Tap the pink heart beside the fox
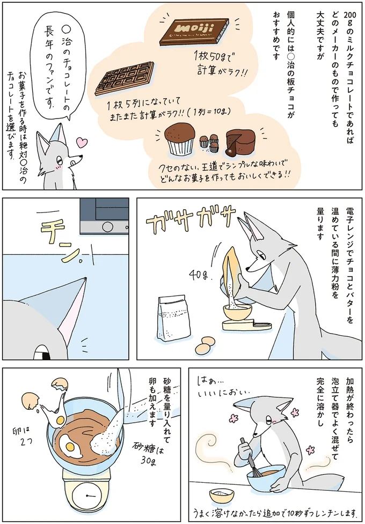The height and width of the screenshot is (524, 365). tap(81, 143)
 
